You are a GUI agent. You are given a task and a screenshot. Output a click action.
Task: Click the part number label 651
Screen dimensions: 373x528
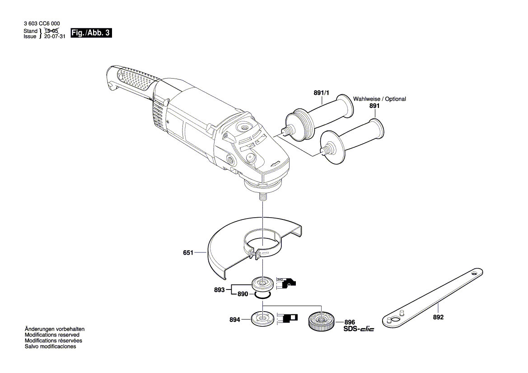pos(188,253)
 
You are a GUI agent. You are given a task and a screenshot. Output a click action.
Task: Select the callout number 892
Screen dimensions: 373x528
pos(438,317)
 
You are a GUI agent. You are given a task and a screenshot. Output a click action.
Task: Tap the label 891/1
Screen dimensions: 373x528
pos(322,93)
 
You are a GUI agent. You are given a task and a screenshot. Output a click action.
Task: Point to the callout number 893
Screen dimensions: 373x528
pos(220,290)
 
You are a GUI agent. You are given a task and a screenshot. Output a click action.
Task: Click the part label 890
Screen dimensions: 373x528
pos(243,294)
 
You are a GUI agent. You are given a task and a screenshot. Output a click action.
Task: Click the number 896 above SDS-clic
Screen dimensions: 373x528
pos(350,322)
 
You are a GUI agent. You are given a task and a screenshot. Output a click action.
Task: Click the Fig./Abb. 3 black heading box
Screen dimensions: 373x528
pos(91,33)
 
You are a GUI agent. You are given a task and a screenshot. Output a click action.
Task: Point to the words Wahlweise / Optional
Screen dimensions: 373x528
pos(379,99)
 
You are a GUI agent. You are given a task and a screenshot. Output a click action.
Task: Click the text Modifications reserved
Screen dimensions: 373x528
pos(52,335)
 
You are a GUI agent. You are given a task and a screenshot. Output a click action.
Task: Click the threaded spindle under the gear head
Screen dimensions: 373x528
pos(262,198)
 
